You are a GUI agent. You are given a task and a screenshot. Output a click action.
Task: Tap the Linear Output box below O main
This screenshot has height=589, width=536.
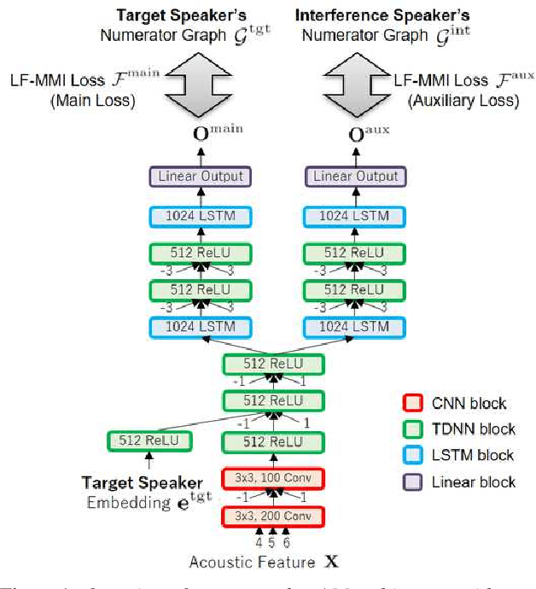[x=201, y=177]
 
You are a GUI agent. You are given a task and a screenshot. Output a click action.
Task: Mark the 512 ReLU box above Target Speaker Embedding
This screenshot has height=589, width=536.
[x=149, y=441]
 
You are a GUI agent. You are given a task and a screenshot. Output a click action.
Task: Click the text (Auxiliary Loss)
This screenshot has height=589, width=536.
[x=462, y=100]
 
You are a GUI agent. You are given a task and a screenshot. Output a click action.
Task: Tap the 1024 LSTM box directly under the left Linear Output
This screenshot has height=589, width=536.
[x=201, y=216]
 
